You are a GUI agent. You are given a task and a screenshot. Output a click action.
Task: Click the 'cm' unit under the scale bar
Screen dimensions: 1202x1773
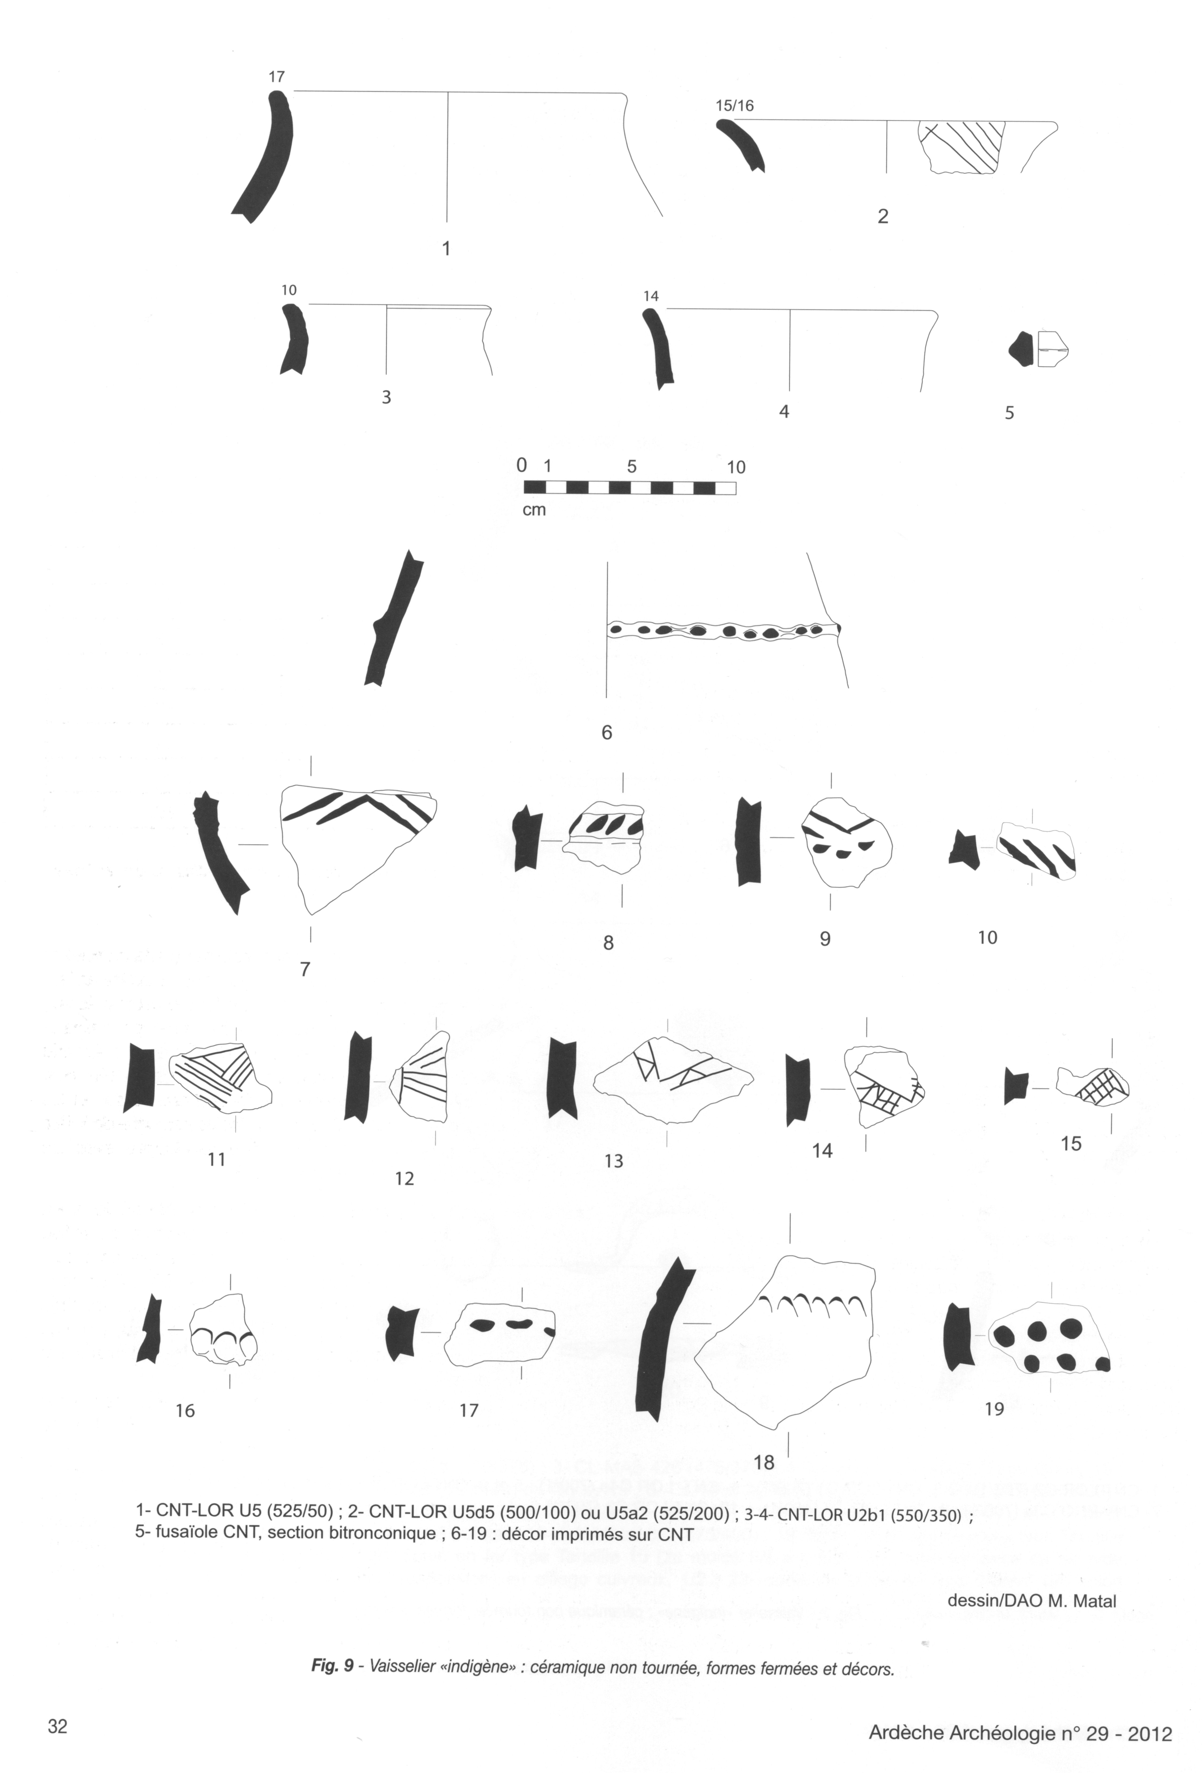pos(533,510)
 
